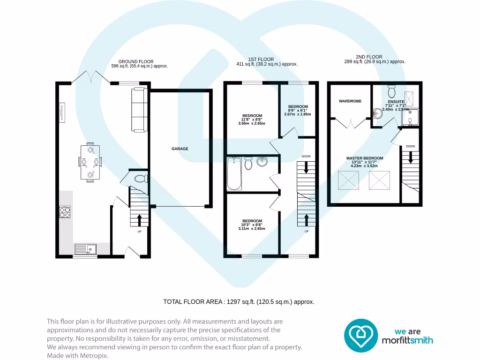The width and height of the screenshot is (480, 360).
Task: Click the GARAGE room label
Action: pos(180,149)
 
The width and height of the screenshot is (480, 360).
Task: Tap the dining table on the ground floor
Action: pos(90,163)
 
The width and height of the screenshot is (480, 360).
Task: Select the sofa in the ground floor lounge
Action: pos(139,109)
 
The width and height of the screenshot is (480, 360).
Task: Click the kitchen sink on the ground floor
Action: pos(85,249)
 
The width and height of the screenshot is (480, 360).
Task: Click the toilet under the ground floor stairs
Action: pos(141,178)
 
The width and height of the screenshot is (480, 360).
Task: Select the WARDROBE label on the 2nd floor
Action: pos(350,101)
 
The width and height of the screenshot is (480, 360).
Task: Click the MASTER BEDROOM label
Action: pos(365,158)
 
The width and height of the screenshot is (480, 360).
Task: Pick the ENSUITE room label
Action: pos(396,102)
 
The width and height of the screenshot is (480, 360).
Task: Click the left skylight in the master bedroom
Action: pos(348,180)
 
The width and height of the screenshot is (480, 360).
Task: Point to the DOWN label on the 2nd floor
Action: pos(410,146)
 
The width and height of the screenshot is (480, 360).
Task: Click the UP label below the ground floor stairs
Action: pos(139,232)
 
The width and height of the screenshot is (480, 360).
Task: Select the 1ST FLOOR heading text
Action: pos(261,60)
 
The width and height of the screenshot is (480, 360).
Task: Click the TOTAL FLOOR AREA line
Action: pos(238,302)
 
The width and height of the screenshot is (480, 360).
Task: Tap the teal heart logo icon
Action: pos(361,336)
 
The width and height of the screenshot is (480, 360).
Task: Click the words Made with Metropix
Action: pos(77,356)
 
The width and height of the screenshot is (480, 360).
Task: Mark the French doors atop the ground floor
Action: pos(91,77)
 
